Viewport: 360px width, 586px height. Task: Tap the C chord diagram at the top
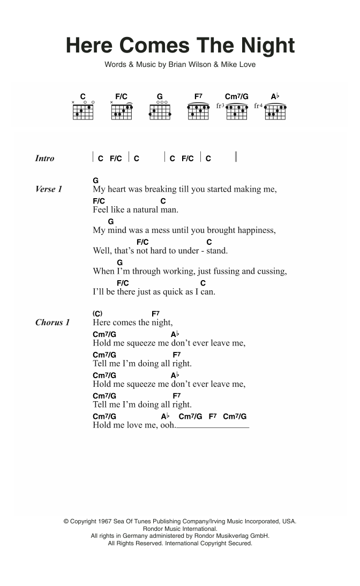coord(83,111)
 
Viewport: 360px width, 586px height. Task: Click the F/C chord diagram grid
coord(122,111)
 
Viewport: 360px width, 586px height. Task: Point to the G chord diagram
coord(160,111)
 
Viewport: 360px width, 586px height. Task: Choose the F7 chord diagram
coord(198,111)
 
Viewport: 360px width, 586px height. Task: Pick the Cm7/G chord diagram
coord(237,111)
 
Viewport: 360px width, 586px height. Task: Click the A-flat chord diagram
coord(275,111)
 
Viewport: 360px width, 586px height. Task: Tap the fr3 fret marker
coord(220,106)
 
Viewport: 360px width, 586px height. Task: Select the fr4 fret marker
coord(258,106)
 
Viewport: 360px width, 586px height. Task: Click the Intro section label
coord(44,159)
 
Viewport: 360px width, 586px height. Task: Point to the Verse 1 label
coord(49,190)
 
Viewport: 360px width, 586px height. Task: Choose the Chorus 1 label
coord(52,322)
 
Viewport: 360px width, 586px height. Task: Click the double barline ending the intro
coord(236,158)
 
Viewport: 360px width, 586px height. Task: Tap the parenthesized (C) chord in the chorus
coord(97,313)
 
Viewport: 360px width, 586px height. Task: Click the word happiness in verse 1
coord(254,230)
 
